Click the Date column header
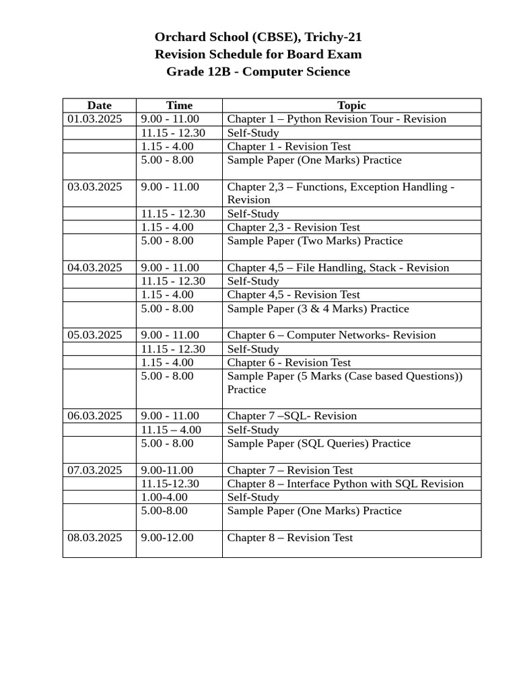point(99,105)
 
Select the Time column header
point(179,105)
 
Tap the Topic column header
point(351,105)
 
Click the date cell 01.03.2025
point(95,119)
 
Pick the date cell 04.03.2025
point(95,268)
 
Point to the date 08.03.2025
point(95,538)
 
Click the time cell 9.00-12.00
point(167,538)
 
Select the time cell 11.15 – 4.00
point(171,430)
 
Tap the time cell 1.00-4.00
point(164,497)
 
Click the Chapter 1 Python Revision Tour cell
point(337,119)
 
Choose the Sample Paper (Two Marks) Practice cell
point(314,241)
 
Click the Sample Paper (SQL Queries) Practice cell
point(318,443)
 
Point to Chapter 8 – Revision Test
point(289,538)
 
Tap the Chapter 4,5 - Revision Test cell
point(294,294)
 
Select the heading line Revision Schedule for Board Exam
point(258,55)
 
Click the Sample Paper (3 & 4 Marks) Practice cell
point(318,309)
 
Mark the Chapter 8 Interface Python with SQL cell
point(345,484)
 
